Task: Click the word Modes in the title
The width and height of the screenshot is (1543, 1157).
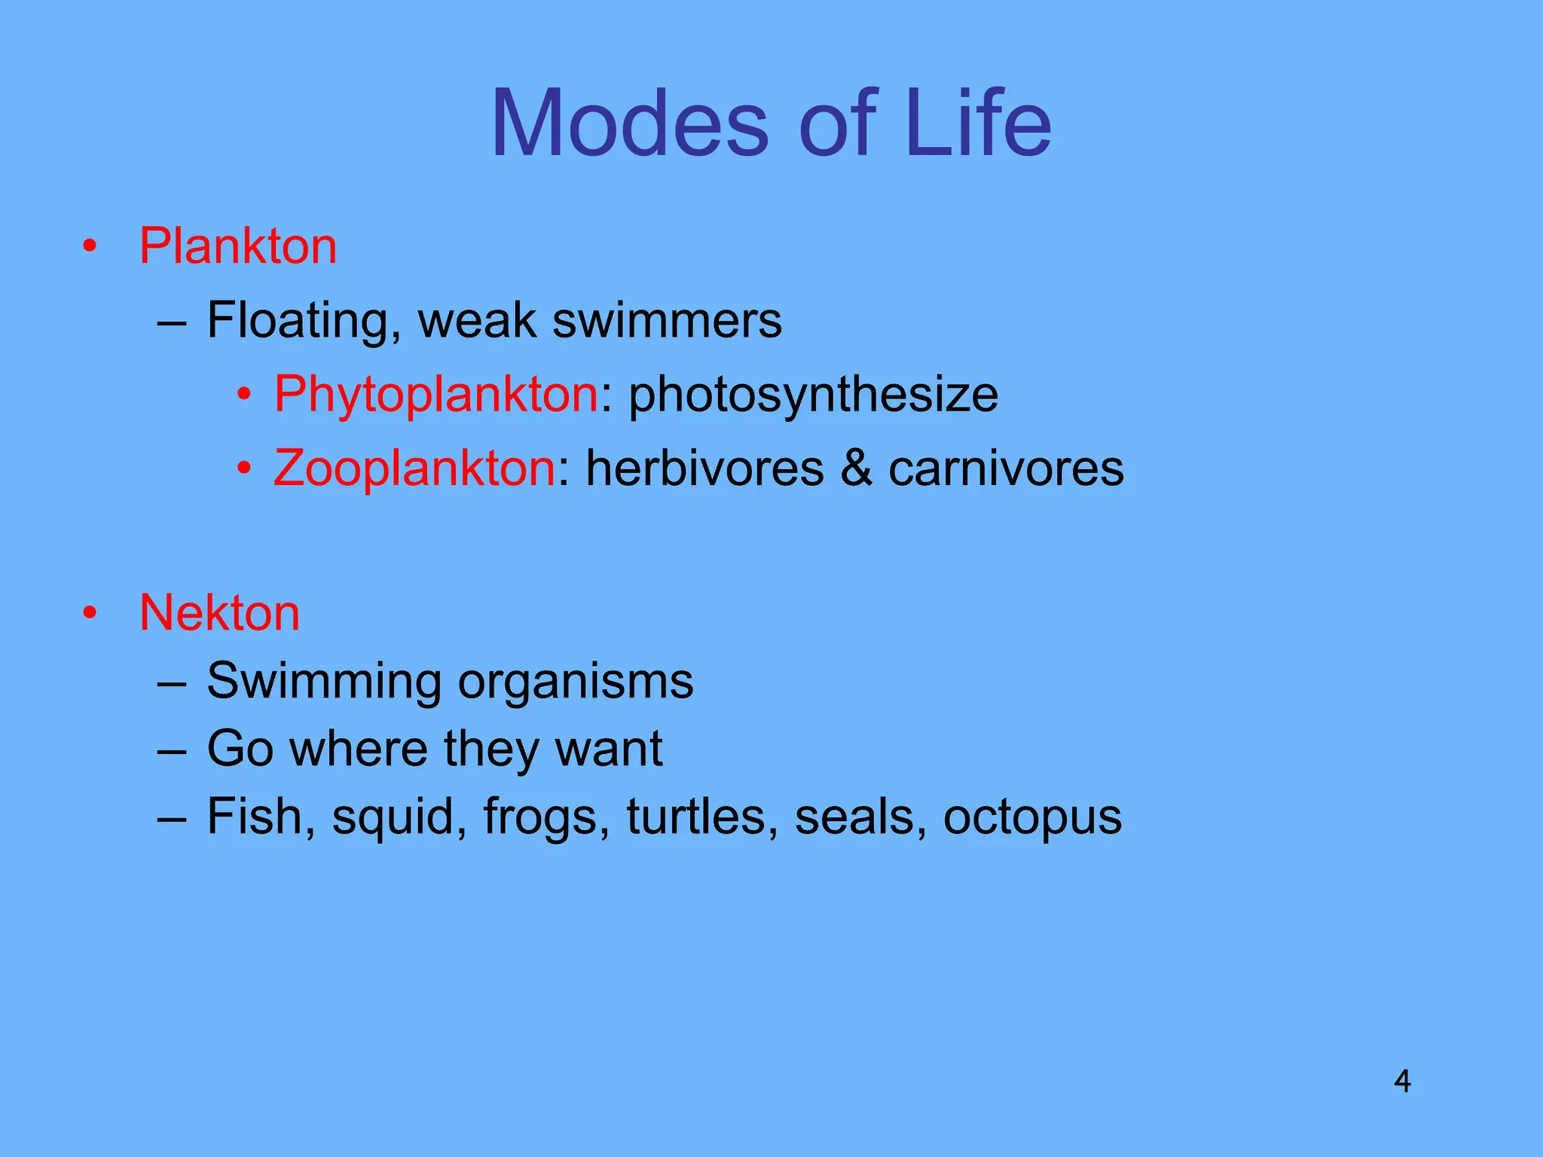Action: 630,124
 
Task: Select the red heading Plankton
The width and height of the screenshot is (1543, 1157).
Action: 238,246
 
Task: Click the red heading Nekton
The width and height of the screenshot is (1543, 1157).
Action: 219,612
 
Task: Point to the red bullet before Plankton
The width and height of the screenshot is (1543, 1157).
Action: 90,246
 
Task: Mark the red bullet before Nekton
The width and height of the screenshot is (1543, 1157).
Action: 90,612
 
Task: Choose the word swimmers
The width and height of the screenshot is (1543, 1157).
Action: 667,321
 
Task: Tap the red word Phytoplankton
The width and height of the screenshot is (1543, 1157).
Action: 436,394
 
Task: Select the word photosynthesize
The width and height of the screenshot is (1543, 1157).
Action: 814,394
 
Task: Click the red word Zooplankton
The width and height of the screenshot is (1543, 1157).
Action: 414,468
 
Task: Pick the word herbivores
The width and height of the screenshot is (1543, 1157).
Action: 705,468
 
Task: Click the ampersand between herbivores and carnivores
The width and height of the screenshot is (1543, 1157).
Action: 856,468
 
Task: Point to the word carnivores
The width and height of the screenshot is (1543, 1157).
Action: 1007,468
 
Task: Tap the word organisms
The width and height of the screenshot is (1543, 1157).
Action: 576,682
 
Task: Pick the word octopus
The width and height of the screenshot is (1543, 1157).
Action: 1032,817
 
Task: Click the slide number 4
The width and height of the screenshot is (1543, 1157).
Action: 1402,1082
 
